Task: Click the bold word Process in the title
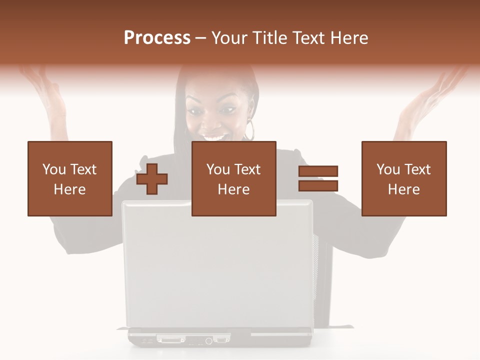[157, 38]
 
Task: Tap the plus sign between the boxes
[152, 179]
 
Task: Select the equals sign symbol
[318, 178]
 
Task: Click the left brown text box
[69, 178]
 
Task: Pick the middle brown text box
[233, 178]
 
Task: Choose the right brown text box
[403, 178]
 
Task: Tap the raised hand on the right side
[430, 95]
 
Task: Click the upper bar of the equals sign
[318, 171]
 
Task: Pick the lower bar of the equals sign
[318, 186]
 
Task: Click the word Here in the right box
[403, 189]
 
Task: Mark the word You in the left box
[53, 169]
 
